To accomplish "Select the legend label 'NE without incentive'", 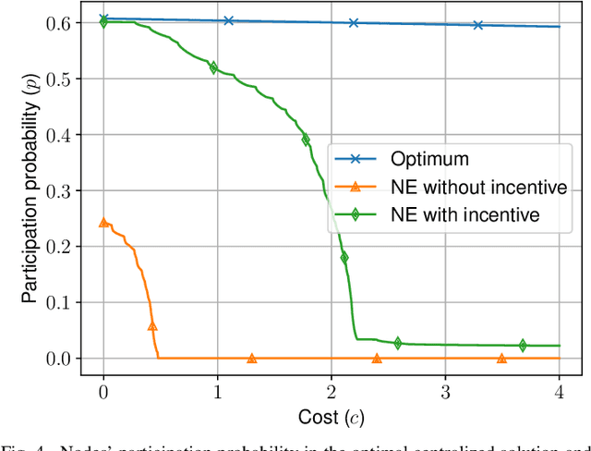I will pos(463,188).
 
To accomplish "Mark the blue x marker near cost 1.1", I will pos(229,20).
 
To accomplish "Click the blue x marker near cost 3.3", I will pos(478,25).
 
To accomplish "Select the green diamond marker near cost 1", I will pos(213,67).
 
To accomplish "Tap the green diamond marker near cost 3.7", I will pos(523,346).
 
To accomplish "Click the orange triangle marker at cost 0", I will pos(103,223).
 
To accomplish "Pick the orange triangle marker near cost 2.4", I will pos(377,358).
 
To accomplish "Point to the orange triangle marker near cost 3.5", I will pos(501,358).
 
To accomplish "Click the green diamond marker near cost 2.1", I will pos(344,258).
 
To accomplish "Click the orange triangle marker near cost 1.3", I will pos(251,358).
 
